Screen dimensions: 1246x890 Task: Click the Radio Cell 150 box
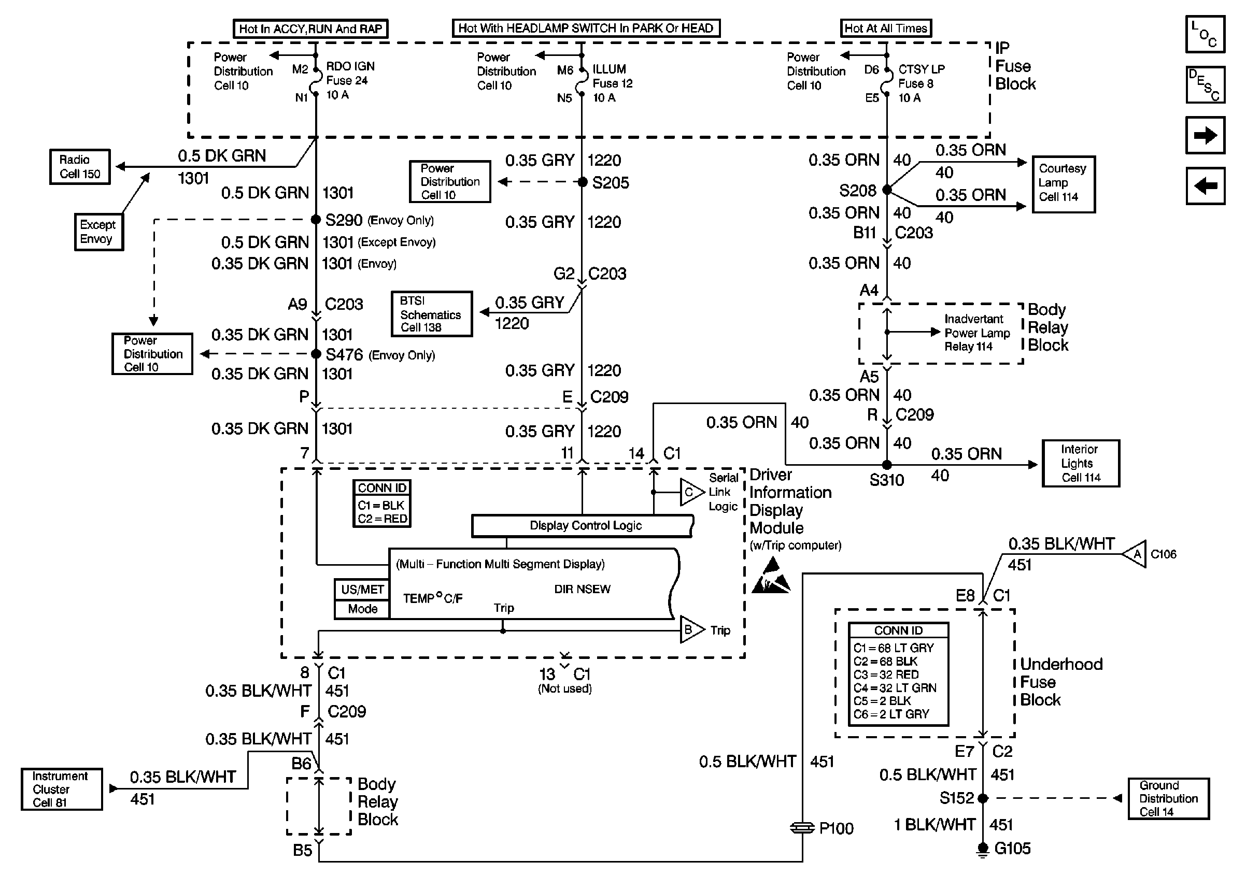80,167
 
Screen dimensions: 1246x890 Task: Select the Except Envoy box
98,232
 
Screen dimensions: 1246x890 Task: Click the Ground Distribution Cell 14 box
1169,798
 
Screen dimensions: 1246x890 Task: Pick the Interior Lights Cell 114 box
1081,463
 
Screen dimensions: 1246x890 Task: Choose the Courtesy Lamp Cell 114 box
1064,184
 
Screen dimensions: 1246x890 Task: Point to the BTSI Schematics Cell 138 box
432,313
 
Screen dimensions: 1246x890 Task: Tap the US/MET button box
362,590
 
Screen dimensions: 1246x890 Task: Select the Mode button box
362,609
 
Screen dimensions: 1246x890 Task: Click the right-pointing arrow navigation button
1205,135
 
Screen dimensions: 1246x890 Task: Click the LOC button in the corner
1205,34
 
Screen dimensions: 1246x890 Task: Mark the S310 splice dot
886,465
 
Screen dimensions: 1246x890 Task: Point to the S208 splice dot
886,190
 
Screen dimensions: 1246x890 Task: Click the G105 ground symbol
982,850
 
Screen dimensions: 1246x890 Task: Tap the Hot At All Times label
886,28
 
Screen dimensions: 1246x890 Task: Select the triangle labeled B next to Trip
692,630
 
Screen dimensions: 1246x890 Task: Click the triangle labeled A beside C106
1134,554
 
